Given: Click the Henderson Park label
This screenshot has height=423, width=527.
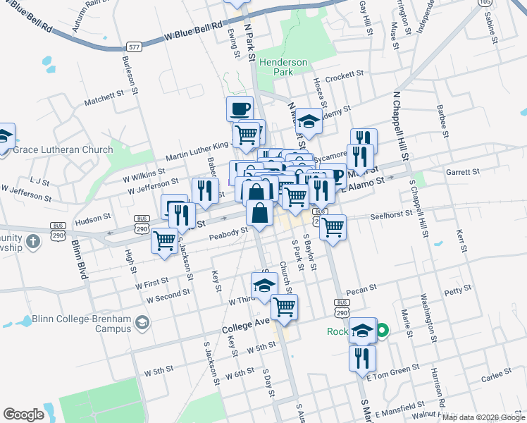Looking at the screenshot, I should click(283, 67).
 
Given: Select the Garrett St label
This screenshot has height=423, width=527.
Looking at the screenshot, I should click(462, 171).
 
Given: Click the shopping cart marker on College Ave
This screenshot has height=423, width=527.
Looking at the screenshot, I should click(284, 307).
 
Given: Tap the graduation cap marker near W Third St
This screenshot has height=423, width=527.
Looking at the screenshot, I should click(263, 286).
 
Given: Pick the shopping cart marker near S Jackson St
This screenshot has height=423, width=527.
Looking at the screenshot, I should click(165, 240).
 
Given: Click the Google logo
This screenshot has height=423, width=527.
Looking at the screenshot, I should click(23, 415).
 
